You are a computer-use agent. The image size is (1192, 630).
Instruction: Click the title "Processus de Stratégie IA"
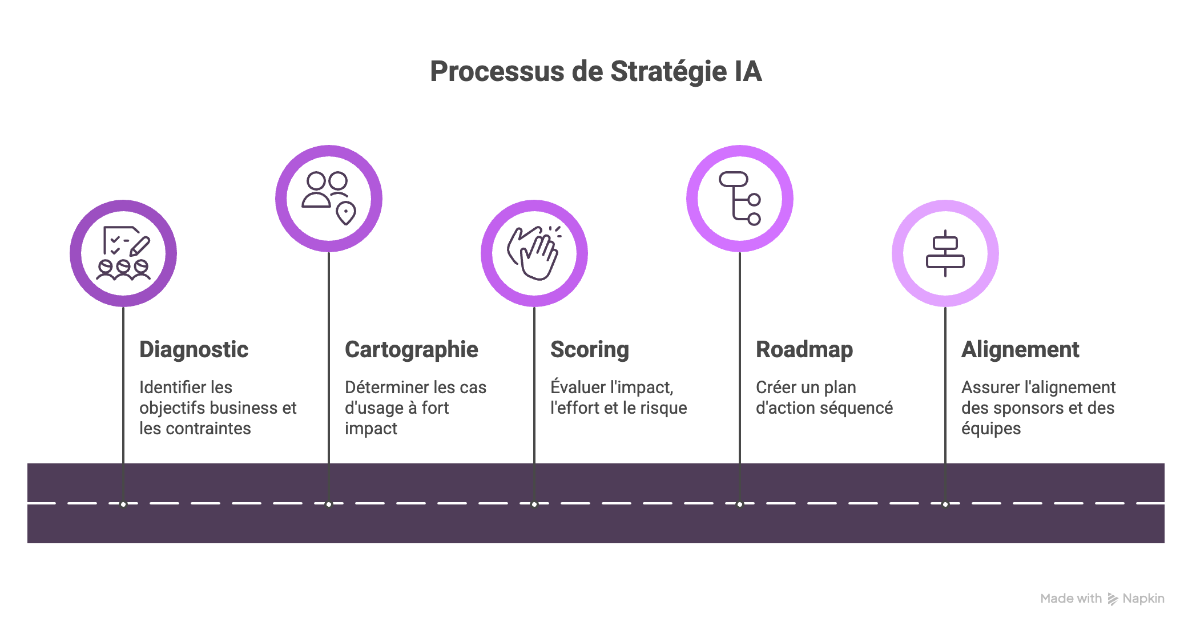pos(595,72)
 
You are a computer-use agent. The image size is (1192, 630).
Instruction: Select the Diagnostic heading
pos(194,349)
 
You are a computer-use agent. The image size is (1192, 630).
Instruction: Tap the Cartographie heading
pos(411,349)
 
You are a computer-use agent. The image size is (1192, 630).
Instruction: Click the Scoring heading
pos(589,349)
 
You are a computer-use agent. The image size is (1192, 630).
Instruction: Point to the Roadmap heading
pos(804,349)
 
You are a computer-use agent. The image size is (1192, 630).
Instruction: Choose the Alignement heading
pos(1020,349)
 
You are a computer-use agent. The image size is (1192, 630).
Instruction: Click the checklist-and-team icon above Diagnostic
pos(123,253)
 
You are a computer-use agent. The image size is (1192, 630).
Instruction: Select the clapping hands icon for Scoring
pos(534,253)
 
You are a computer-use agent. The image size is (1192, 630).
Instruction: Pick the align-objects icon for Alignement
pos(945,253)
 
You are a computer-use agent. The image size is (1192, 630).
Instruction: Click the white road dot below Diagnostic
pos(123,504)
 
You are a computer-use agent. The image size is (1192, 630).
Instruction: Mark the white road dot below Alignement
pos(945,504)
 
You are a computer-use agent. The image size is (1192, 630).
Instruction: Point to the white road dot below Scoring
pos(534,504)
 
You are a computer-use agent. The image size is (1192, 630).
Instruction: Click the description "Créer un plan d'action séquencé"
pos(824,398)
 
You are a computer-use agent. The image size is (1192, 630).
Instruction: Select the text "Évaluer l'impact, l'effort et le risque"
pos(618,398)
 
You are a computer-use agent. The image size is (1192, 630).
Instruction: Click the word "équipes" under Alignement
pos(990,429)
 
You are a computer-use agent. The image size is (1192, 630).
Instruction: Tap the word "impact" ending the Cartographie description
pos(371,429)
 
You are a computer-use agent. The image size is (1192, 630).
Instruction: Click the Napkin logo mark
pos(1112,599)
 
